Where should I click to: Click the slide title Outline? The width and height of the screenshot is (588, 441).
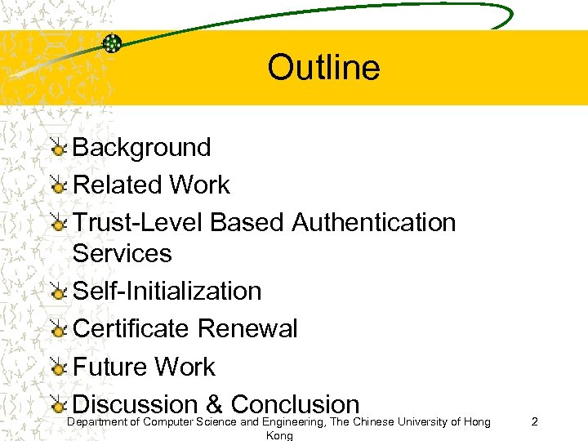[323, 67]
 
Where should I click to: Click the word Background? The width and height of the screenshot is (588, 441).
[142, 148]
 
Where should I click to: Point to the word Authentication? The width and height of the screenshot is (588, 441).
[373, 222]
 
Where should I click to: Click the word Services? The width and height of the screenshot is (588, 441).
[122, 253]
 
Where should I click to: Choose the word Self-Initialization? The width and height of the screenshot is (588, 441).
[167, 292]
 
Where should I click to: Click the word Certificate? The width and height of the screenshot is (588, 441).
[131, 329]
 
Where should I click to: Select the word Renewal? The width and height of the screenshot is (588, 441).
[247, 329]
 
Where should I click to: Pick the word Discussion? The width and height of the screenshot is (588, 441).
[135, 403]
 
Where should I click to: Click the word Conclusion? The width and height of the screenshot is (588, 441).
[295, 403]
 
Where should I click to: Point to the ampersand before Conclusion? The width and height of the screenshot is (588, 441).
[214, 404]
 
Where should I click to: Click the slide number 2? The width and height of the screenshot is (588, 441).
[534, 422]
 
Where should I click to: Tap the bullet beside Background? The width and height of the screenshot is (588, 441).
[58, 149]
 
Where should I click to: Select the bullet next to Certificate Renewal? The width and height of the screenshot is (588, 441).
[58, 330]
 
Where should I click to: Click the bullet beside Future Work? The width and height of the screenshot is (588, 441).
[58, 367]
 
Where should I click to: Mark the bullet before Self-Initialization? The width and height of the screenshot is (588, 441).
[58, 292]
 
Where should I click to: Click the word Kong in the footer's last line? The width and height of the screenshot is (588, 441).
[279, 436]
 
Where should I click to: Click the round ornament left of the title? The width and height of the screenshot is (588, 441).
[113, 44]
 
